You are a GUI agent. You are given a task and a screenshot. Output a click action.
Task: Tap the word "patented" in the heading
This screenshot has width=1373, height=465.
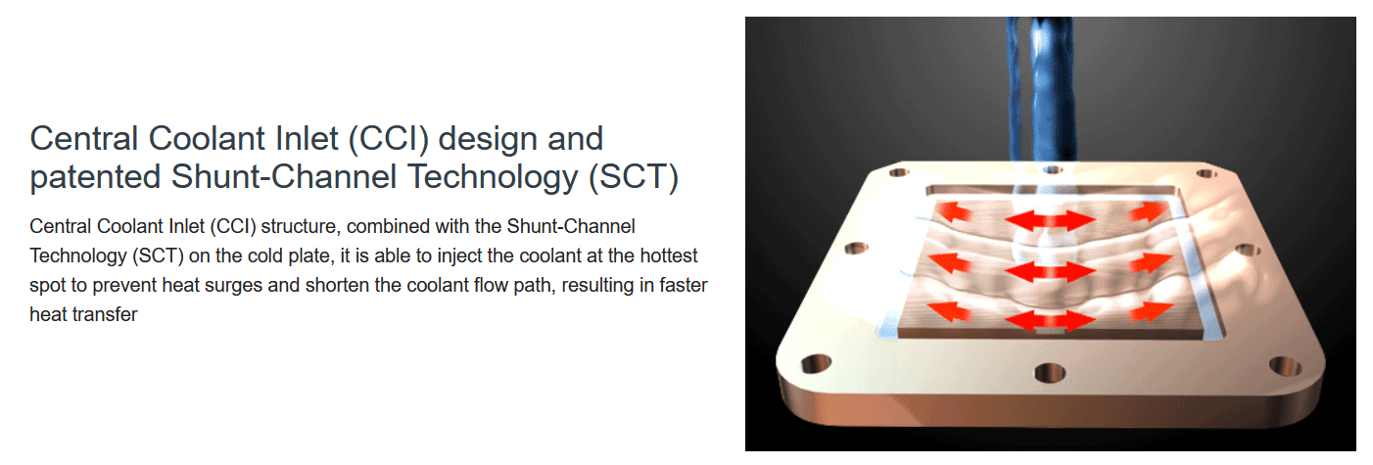click(x=95, y=177)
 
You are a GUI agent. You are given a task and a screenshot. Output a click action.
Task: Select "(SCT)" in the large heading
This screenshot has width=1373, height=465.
click(x=634, y=177)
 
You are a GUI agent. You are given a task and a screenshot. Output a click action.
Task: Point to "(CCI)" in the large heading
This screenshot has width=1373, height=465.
click(x=389, y=139)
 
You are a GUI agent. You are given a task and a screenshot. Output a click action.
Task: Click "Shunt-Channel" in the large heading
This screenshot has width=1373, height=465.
click(x=284, y=177)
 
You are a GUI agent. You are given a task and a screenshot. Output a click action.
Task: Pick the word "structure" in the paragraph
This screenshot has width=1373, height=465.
click(x=299, y=227)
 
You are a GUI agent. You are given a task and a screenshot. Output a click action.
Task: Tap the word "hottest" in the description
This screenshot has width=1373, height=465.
click(x=669, y=256)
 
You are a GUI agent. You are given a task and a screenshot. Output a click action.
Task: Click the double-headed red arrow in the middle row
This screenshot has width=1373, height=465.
click(x=1050, y=272)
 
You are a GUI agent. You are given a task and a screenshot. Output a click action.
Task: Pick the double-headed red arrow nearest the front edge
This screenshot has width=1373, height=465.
click(x=1050, y=320)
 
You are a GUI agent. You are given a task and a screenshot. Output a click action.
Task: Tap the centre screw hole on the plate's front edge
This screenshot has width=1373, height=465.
click(x=1050, y=373)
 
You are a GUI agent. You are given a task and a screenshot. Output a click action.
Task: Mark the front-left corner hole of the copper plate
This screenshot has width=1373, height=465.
click(x=816, y=363)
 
